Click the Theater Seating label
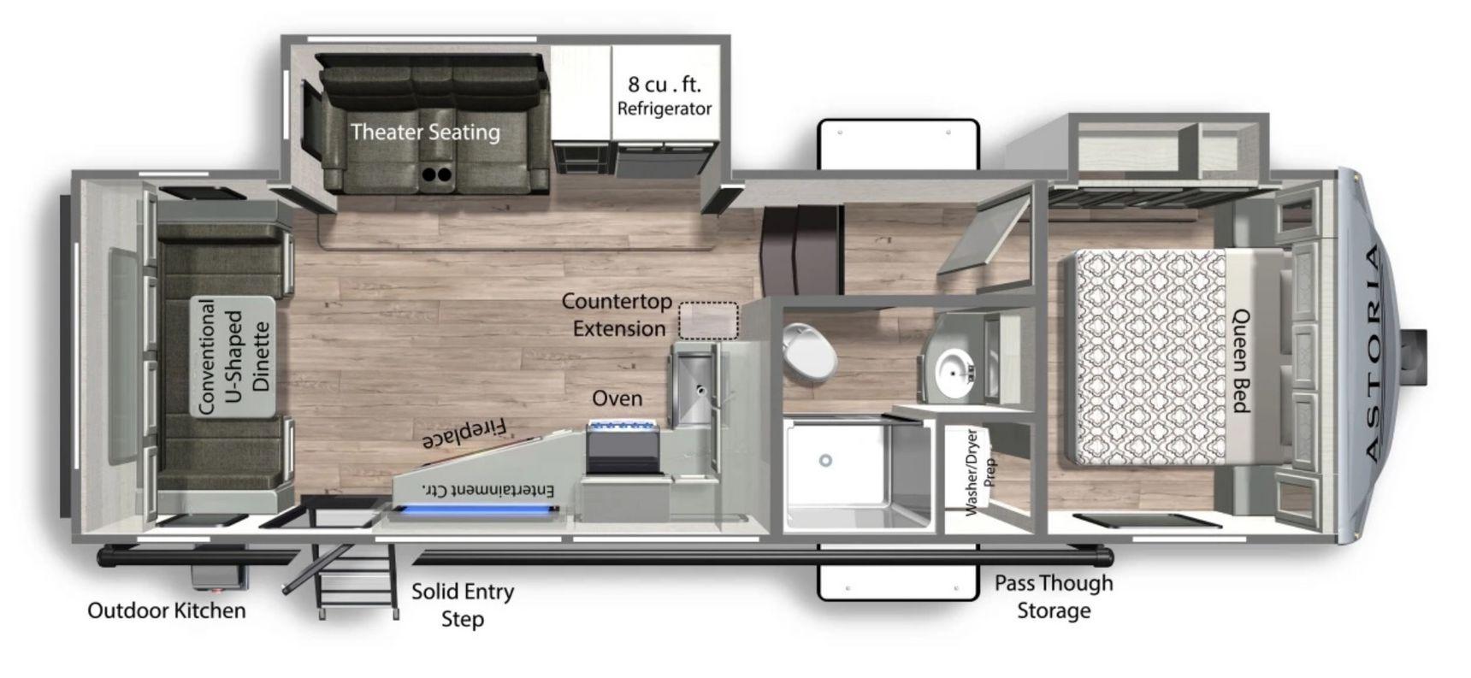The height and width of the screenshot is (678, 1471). point(425,132)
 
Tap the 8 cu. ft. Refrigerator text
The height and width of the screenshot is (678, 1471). point(665,96)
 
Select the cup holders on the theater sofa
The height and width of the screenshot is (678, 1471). point(437,174)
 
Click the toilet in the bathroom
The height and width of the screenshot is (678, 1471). point(807,351)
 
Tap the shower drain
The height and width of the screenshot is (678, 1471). point(825,460)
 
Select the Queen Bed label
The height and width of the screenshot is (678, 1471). point(1241,361)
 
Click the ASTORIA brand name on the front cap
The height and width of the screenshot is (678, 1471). point(1371,352)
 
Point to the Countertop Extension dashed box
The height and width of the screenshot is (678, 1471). point(708,321)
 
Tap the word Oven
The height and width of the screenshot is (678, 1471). point(617,398)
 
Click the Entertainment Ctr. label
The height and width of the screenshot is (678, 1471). point(488,490)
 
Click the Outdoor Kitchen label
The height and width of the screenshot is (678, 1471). point(167,610)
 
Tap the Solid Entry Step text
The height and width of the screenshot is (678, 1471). point(463,604)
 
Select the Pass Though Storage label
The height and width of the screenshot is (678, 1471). point(1054,597)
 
